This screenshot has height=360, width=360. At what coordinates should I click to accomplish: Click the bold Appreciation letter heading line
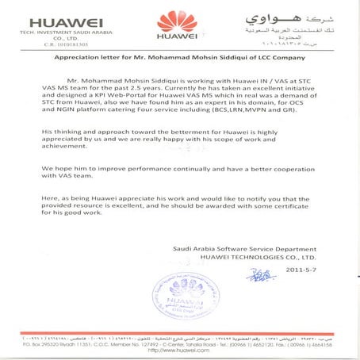tap(179, 58)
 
